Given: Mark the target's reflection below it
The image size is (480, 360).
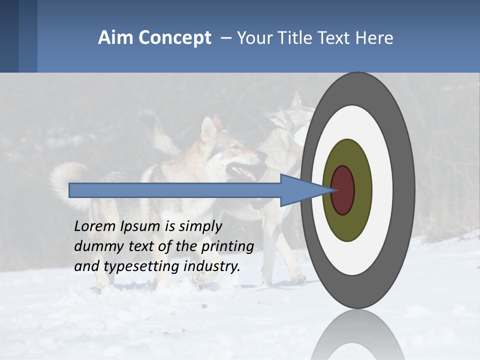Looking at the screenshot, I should (357, 335).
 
